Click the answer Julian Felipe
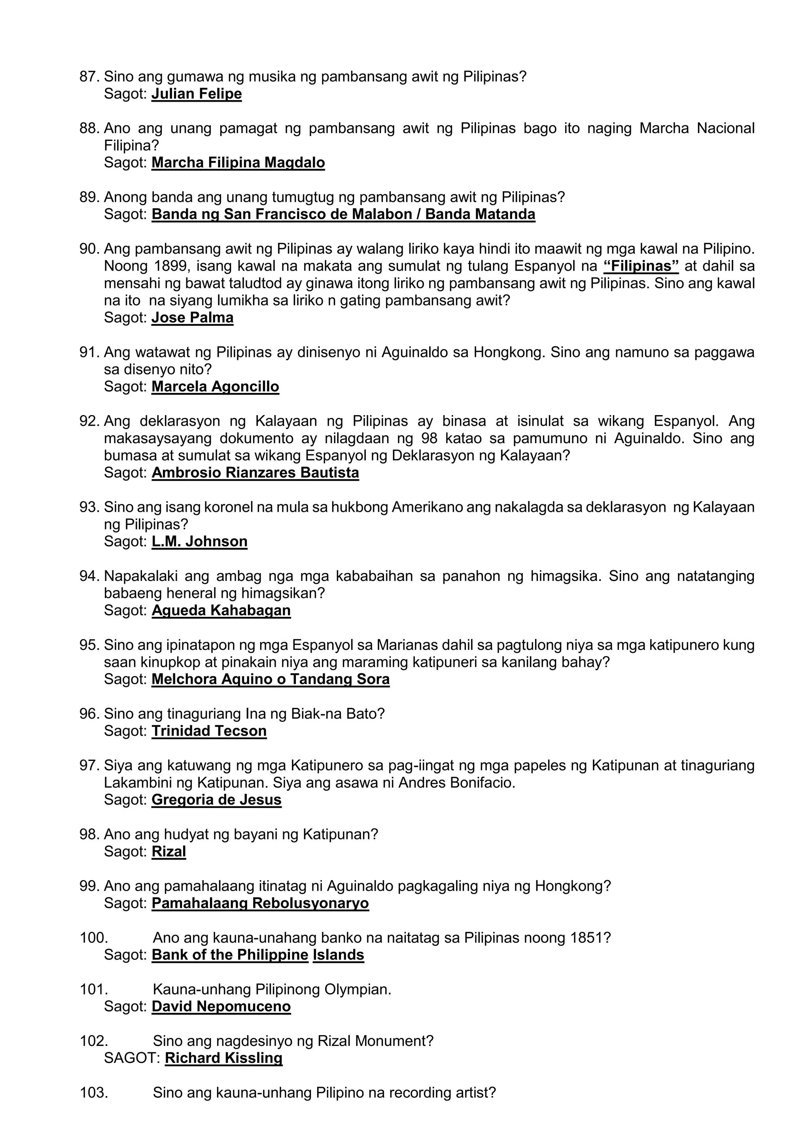197,94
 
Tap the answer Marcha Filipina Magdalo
238,163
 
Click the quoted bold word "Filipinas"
641,266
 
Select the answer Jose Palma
192,318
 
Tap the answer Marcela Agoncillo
215,387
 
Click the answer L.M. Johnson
199,542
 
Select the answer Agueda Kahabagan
221,611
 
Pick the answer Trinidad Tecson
209,731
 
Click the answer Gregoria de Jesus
216,800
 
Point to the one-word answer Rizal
168,852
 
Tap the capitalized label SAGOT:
132,1058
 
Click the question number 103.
93,1093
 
